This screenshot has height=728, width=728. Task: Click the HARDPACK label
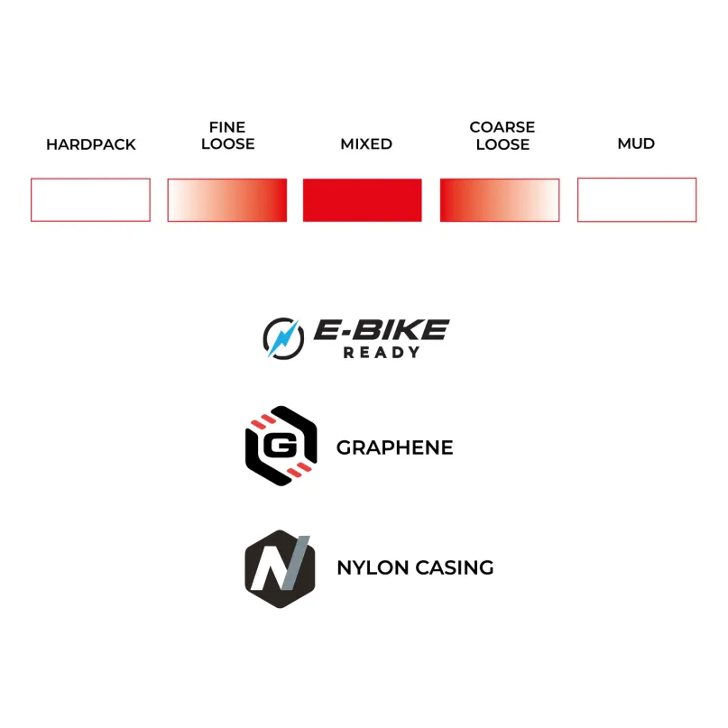(x=91, y=144)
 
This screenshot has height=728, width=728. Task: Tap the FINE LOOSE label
(x=227, y=135)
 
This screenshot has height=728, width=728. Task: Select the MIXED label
(x=366, y=144)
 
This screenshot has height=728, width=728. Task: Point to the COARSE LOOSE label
(x=502, y=135)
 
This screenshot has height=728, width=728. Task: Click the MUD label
(x=636, y=143)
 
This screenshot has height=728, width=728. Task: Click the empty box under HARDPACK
(x=90, y=179)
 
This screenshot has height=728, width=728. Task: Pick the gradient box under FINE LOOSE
(x=227, y=200)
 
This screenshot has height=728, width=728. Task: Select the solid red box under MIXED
(x=362, y=200)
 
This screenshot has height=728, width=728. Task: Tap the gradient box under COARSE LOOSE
(x=500, y=200)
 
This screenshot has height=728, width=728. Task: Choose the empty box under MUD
(x=637, y=179)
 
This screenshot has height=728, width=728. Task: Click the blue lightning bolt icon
(x=282, y=338)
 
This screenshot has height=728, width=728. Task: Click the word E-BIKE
(x=382, y=329)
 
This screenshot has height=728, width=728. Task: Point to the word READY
(x=382, y=353)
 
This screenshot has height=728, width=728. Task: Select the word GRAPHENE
(x=394, y=447)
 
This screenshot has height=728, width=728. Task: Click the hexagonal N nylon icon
(x=280, y=568)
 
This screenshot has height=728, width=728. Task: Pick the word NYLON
(x=373, y=567)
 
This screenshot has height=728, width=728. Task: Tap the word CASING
(x=455, y=567)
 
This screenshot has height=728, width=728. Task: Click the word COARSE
(x=502, y=127)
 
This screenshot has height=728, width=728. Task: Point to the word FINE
(x=227, y=127)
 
